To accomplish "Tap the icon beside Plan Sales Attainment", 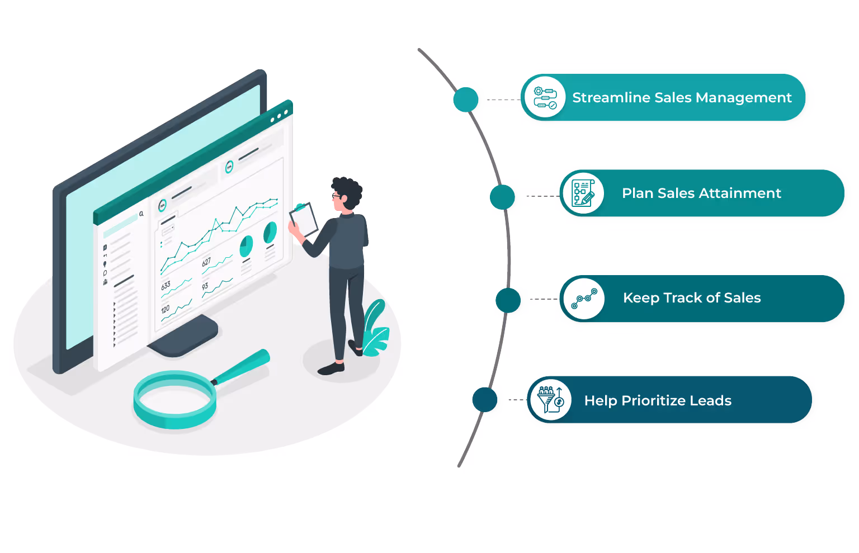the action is coord(583,193).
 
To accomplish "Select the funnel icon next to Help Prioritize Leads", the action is coord(551,400).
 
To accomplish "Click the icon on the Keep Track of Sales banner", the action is coord(584,299).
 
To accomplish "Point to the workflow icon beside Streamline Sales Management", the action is coord(545,98).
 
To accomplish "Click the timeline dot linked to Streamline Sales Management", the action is coord(466,100).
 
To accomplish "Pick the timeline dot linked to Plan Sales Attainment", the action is coord(502,197).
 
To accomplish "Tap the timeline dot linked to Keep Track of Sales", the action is coord(508,300).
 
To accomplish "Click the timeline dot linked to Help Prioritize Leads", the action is coord(484,400).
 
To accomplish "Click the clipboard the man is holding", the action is coord(304,219).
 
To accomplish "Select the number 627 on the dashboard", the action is coord(206,262).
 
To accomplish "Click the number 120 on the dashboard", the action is coord(165,309).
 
